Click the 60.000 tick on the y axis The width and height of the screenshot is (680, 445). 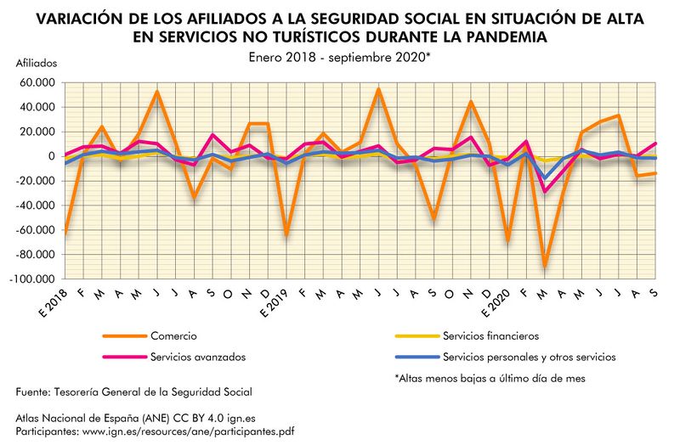tap(36, 82)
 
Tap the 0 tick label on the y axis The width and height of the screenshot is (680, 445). tap(53, 156)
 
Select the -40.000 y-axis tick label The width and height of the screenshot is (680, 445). tap(36, 206)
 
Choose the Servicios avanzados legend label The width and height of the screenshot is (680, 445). tap(194, 358)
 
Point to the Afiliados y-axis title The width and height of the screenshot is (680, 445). tap(37, 64)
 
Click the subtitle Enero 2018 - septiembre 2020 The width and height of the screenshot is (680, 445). tap(340, 56)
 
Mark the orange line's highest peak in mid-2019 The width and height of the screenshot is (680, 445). tap(378, 89)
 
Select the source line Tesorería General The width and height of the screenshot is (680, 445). tap(133, 392)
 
